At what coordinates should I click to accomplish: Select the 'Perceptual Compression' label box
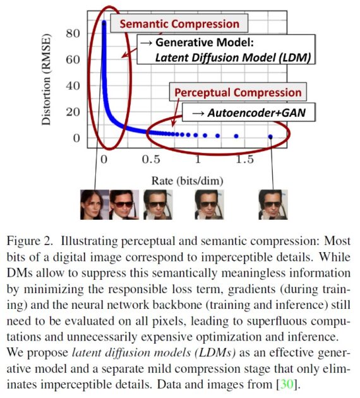coord(237,92)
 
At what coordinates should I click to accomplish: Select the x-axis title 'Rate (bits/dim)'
coord(187,181)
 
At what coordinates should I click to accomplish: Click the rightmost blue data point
coord(271,136)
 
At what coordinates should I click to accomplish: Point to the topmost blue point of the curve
coord(104,23)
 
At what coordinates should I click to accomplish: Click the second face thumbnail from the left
coord(124,205)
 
